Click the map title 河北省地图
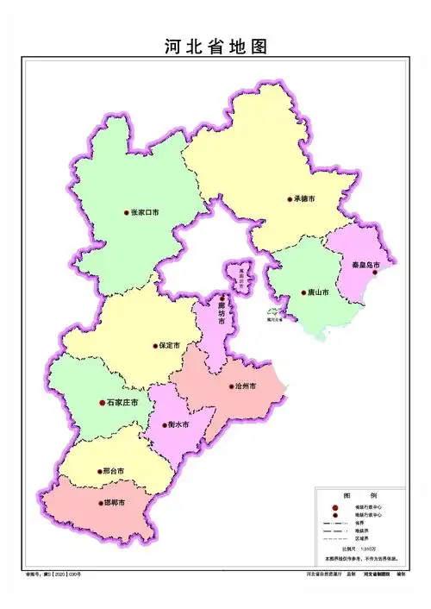pyautogui.click(x=215, y=47)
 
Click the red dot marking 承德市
pyautogui.click(x=290, y=199)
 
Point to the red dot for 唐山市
pyautogui.click(x=303, y=293)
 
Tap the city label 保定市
pyautogui.click(x=169, y=345)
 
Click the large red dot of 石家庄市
pyautogui.click(x=102, y=402)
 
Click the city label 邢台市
pyautogui.click(x=113, y=471)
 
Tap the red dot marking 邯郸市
pyautogui.click(x=98, y=503)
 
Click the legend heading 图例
pyautogui.click(x=354, y=495)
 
